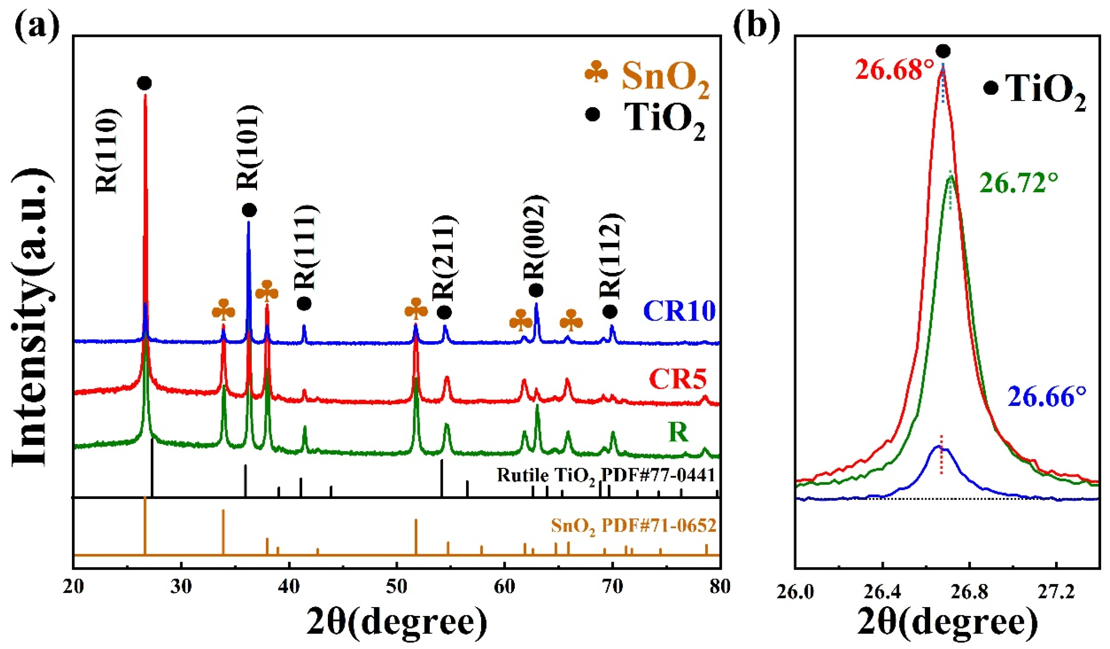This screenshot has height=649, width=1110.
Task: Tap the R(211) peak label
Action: tap(445, 257)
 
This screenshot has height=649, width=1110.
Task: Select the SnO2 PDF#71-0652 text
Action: tap(633, 525)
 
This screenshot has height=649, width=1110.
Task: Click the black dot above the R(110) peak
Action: tap(144, 83)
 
